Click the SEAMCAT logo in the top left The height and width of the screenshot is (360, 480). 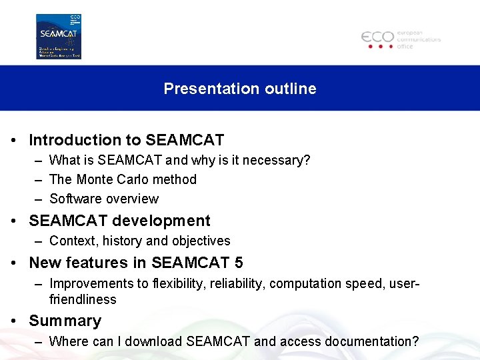(x=59, y=37)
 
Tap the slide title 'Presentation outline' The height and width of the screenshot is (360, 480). (x=240, y=89)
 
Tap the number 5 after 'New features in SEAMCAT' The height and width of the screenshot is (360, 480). (x=239, y=263)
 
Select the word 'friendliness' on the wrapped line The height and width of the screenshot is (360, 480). (x=83, y=299)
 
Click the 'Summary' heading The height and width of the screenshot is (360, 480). (x=65, y=321)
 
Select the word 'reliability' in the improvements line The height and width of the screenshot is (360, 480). (x=237, y=283)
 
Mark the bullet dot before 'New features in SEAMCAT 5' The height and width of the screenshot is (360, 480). (x=15, y=263)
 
